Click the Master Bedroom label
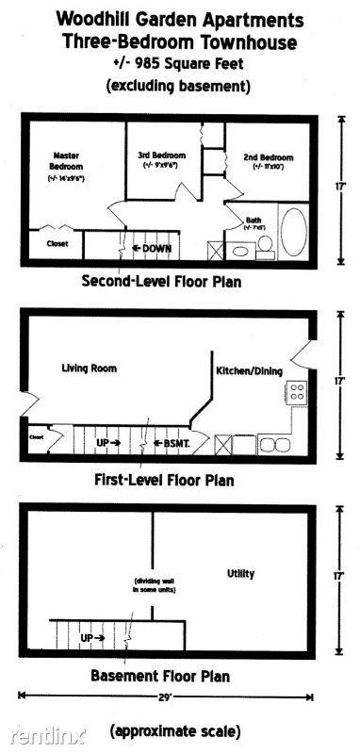click(65, 160)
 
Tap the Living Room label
click(90, 368)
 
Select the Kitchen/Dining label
click(249, 371)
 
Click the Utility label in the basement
click(240, 573)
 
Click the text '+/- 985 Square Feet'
click(179, 65)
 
